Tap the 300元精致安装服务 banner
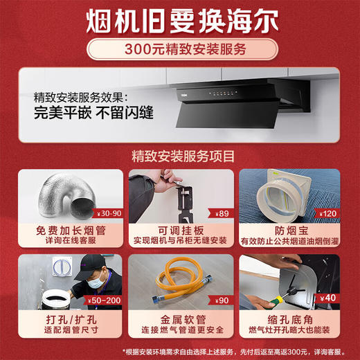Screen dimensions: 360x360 179,50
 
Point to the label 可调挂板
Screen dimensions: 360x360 179,231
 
